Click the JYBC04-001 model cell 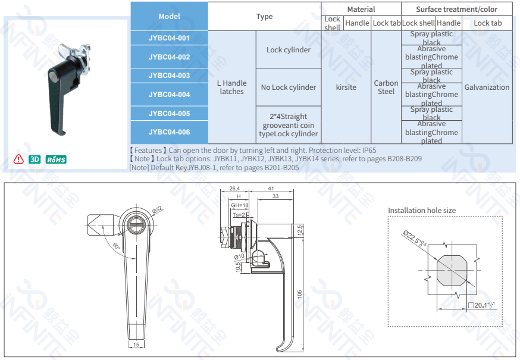169,38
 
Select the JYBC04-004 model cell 169,94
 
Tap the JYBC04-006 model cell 169,132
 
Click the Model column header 169,16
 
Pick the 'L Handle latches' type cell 231,87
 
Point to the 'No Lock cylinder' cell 288,87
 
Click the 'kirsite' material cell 346,87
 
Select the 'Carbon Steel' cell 386,87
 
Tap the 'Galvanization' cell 487,87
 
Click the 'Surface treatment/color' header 456,9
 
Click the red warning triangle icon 18,159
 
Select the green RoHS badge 56,159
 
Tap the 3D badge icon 35,159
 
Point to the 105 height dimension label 300,294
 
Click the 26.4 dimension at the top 234,188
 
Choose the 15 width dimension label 136,345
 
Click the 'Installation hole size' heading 422,210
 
